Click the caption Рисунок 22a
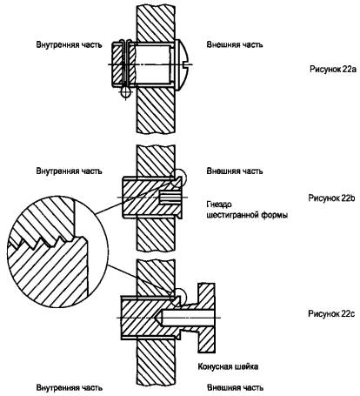(x=333, y=70)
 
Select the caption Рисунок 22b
(x=331, y=198)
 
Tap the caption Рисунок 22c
(x=331, y=314)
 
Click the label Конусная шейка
(x=228, y=366)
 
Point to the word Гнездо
(x=219, y=205)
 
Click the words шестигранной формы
(x=247, y=215)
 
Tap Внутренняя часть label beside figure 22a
(x=69, y=45)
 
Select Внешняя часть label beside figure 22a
(x=235, y=45)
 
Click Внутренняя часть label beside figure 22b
(x=69, y=171)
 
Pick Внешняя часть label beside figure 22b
(x=235, y=171)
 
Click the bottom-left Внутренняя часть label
(x=69, y=387)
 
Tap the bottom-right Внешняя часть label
(x=235, y=387)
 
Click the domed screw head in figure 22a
(x=182, y=64)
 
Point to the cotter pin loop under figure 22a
(x=126, y=92)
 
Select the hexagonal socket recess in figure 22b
(x=171, y=198)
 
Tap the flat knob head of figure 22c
(x=206, y=318)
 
